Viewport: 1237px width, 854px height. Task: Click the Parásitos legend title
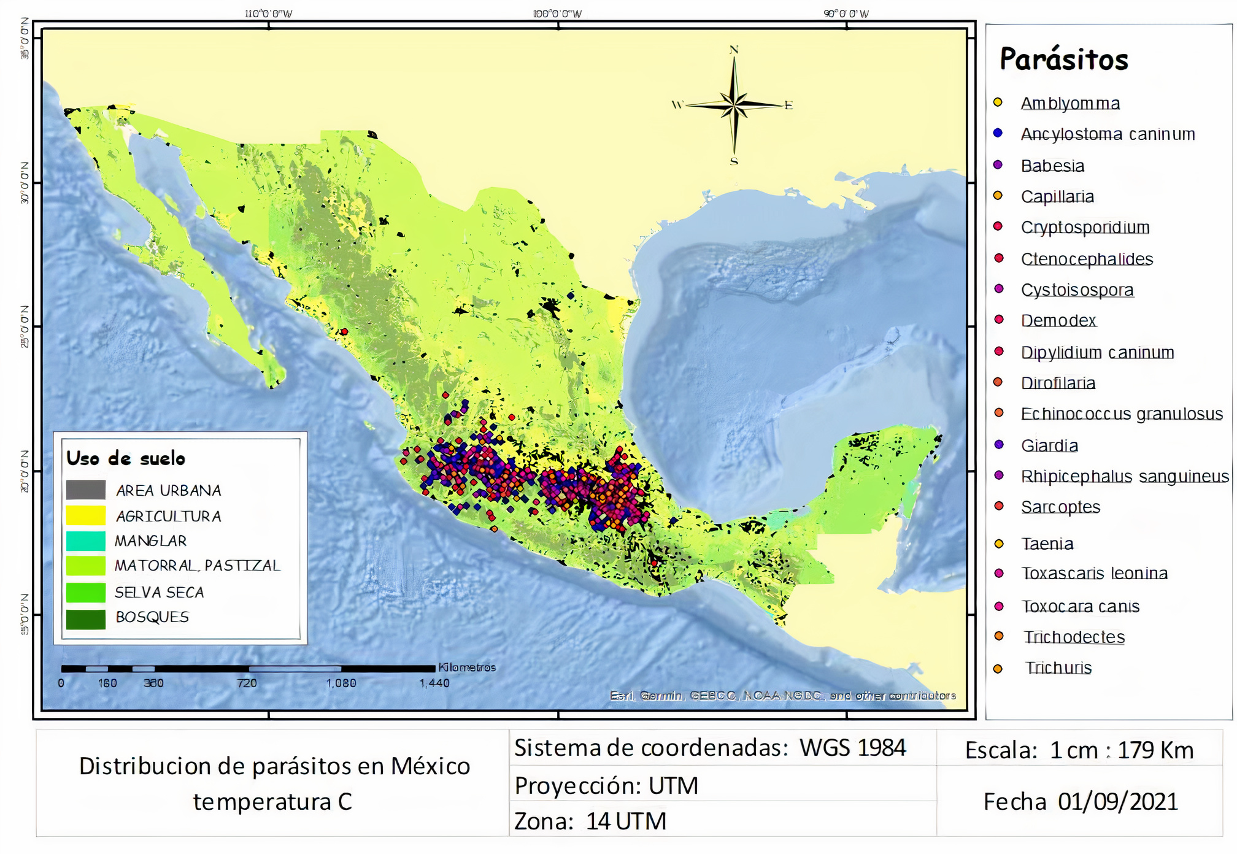(1063, 60)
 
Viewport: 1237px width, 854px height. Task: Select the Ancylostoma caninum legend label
(1108, 134)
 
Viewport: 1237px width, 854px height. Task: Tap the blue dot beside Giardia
(999, 444)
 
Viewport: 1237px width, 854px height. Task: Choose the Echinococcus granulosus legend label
(1122, 414)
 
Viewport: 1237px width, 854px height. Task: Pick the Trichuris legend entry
(1058, 667)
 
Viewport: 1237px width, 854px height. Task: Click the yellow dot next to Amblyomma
(998, 102)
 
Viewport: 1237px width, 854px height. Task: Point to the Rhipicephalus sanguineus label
(1125, 477)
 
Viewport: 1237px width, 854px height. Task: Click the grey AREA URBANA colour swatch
(86, 490)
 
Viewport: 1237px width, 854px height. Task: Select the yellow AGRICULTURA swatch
(86, 515)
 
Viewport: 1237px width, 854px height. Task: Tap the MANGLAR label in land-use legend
(150, 541)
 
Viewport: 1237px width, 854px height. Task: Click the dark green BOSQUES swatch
(86, 618)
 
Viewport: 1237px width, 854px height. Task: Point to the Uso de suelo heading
(126, 458)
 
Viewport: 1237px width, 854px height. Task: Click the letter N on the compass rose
(734, 50)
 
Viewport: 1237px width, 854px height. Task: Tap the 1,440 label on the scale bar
(434, 683)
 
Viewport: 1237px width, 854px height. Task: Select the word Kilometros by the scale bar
(467, 667)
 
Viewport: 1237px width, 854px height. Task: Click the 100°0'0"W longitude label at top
(557, 13)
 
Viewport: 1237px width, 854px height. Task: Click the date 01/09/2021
(1118, 802)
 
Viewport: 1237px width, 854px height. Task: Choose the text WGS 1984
(852, 748)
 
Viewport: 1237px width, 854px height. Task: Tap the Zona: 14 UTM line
(590, 821)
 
